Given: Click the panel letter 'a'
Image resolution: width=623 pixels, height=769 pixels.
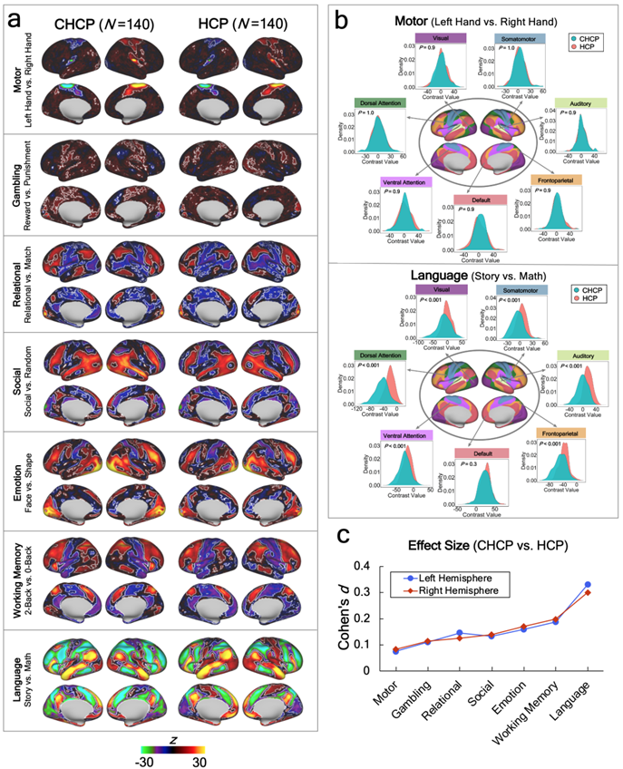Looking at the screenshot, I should [15, 15].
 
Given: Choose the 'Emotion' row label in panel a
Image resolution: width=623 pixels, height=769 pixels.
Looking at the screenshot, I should [17, 476].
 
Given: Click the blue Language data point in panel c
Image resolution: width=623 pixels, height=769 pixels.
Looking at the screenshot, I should [588, 585].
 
